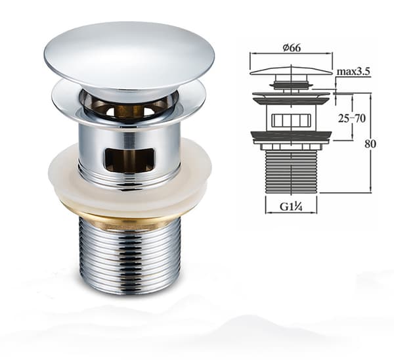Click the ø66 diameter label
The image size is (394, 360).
click(x=291, y=47)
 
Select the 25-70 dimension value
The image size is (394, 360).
click(x=352, y=118)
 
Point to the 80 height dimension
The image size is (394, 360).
click(x=370, y=144)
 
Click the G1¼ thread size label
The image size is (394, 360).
click(x=291, y=207)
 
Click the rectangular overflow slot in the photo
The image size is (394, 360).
click(x=130, y=160)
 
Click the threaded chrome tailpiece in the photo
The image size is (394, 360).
click(x=130, y=255)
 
